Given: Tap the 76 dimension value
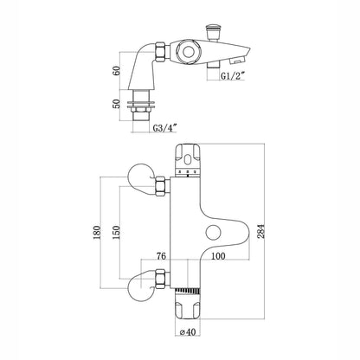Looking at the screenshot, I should [161, 257].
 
